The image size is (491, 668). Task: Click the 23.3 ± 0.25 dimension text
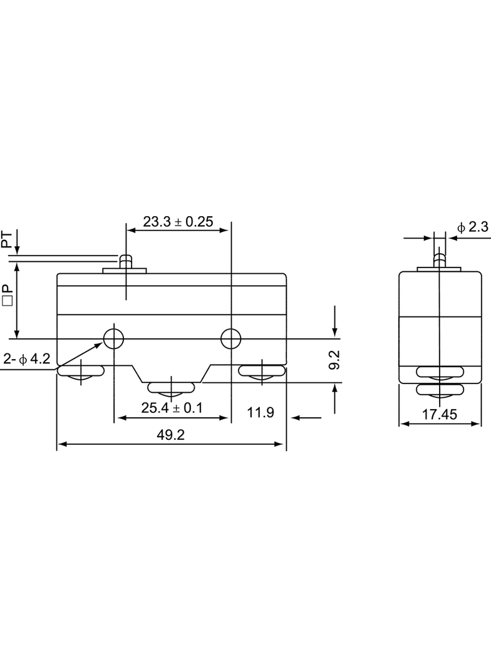178,222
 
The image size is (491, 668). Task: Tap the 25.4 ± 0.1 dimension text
172,408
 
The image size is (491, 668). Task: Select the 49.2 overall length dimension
171,435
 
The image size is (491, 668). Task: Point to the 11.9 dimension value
261,412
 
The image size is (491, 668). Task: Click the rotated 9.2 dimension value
334,360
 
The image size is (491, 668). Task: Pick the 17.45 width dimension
440,414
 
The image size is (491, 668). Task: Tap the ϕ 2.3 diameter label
473,227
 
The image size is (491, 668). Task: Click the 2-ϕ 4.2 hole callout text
26,358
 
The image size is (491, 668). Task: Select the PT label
6,239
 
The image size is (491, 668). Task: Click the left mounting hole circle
114,339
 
